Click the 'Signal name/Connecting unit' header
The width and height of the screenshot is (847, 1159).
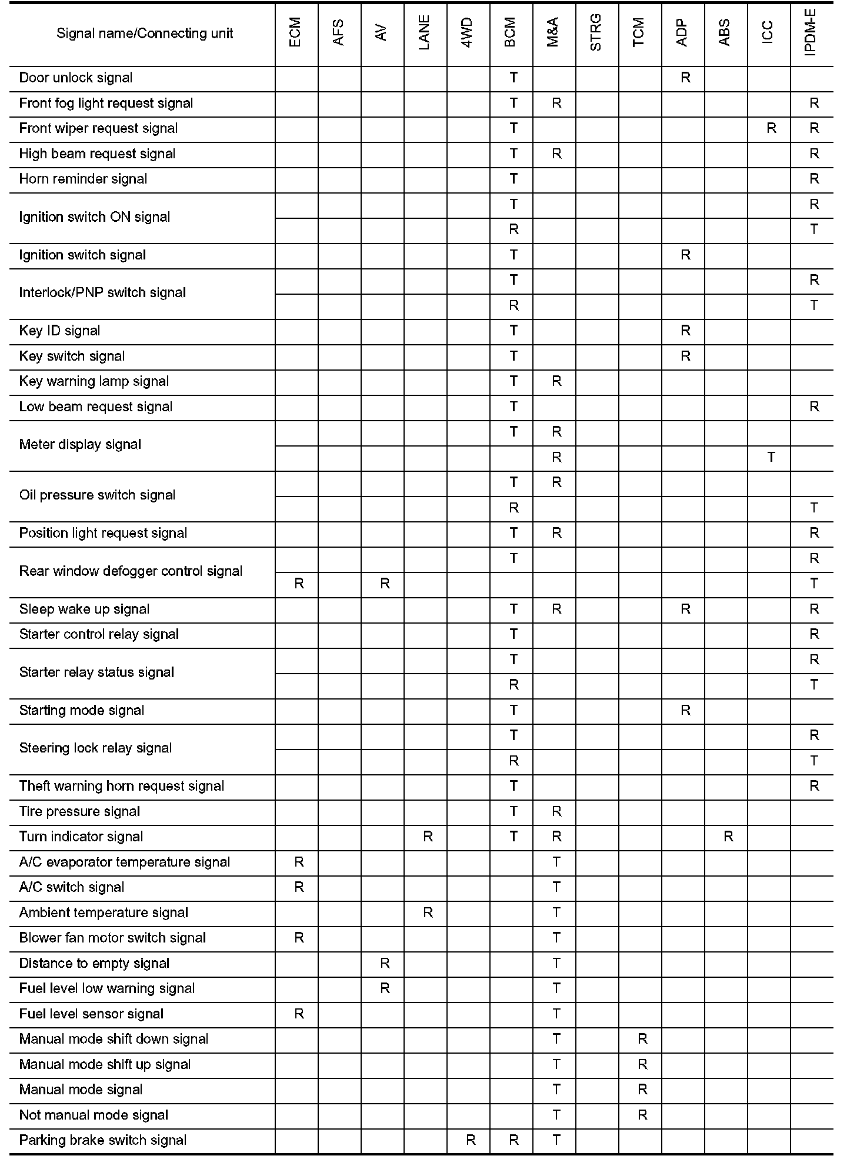144,34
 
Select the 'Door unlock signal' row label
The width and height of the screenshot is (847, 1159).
76,78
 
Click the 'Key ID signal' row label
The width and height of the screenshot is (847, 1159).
59,331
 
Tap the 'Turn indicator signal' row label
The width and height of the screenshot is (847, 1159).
81,837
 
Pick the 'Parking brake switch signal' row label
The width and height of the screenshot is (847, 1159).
103,1140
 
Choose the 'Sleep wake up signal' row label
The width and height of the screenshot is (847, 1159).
84,609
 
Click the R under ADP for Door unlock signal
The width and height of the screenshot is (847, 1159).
685,78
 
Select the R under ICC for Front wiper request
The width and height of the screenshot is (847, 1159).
771,129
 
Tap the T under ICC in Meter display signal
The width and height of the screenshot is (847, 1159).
771,457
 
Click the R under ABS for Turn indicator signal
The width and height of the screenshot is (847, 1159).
728,837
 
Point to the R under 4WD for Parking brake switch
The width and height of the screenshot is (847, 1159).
471,1140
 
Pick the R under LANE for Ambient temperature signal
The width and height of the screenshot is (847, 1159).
428,912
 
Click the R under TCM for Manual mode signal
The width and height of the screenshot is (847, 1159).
642,1090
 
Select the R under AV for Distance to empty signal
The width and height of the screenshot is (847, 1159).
385,963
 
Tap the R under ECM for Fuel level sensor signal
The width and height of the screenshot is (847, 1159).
299,1014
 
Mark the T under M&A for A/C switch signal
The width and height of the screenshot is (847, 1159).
556,887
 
